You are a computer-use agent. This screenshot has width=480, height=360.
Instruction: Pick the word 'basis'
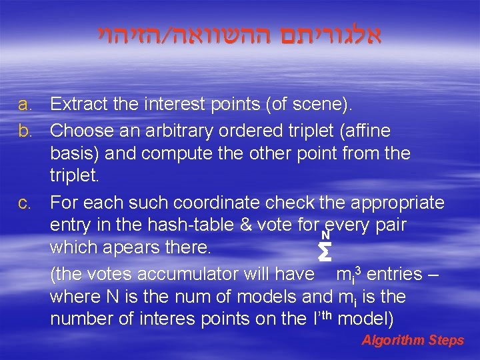[x=72, y=153]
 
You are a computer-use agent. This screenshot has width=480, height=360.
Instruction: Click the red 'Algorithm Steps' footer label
[x=412, y=340]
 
